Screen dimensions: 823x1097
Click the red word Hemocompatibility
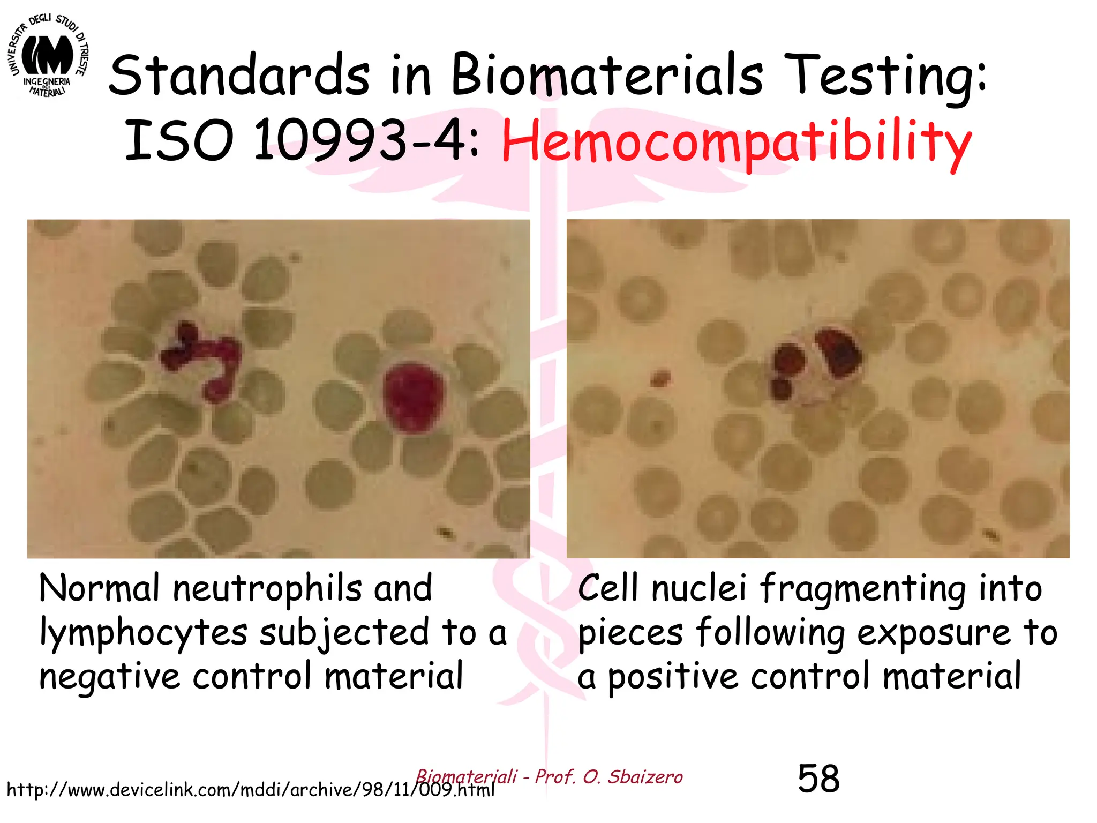pyautogui.click(x=737, y=142)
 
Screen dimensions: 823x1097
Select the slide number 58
pyautogui.click(x=818, y=779)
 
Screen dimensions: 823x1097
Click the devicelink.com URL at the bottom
pyautogui.click(x=251, y=790)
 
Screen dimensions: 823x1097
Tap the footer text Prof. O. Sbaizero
pyautogui.click(x=608, y=776)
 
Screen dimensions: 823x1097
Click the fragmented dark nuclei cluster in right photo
pyautogui.click(x=814, y=364)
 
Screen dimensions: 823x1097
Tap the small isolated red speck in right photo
pyautogui.click(x=660, y=378)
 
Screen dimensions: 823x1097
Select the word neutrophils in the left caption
pyautogui.click(x=268, y=589)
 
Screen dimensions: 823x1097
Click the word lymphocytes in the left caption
pyautogui.click(x=144, y=633)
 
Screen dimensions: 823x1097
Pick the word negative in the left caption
pyautogui.click(x=110, y=677)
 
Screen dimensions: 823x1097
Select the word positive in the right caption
pyautogui.click(x=675, y=677)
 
